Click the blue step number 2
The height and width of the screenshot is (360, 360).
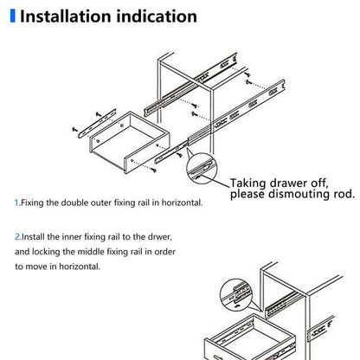tap(16, 235)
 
